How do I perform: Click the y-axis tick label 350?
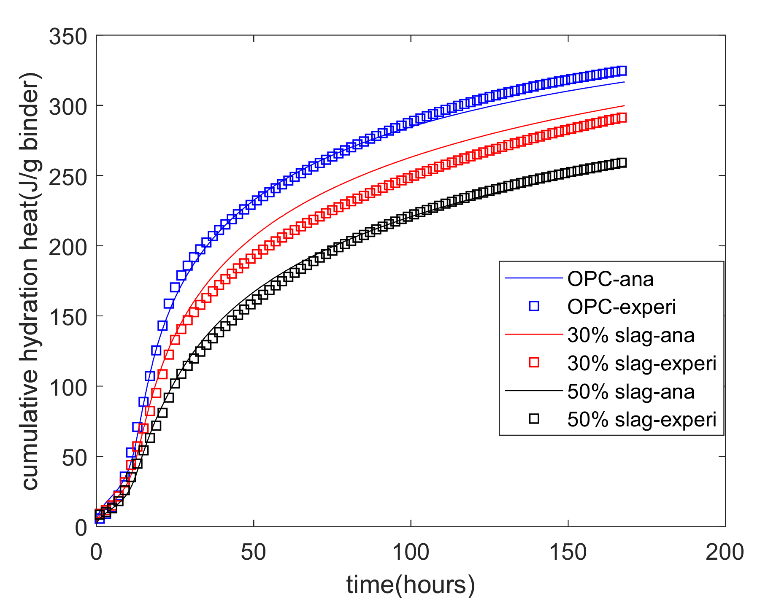(x=68, y=37)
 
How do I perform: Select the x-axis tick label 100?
(x=411, y=552)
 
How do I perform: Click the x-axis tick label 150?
(x=568, y=552)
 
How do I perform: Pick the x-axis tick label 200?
(x=725, y=552)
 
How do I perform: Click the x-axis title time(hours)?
(x=411, y=585)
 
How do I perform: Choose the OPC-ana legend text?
(x=610, y=279)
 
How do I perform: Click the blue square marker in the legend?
(x=534, y=306)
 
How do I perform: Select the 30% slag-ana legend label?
(x=630, y=335)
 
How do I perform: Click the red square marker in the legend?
(x=534, y=363)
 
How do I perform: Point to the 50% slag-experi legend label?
(x=642, y=419)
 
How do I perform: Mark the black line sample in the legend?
(x=534, y=391)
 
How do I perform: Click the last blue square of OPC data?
(x=622, y=70)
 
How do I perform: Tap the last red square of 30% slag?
(x=622, y=118)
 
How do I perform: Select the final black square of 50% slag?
(x=622, y=163)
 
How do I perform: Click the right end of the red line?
(x=624, y=105)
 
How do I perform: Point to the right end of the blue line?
(x=624, y=82)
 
